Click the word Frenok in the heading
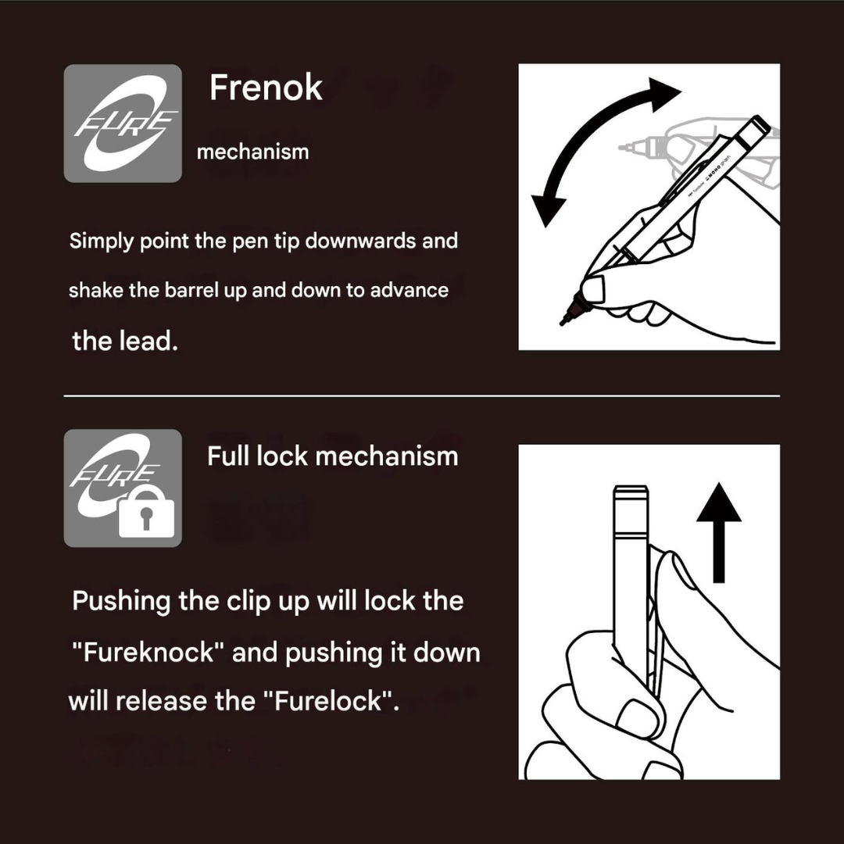(x=266, y=88)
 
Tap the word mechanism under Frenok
(x=253, y=152)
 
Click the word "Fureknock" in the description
(x=148, y=653)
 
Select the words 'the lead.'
(x=125, y=341)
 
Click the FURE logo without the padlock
(x=123, y=123)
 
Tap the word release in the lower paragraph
(x=162, y=701)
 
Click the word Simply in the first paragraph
(x=101, y=241)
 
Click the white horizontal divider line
(x=421, y=395)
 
